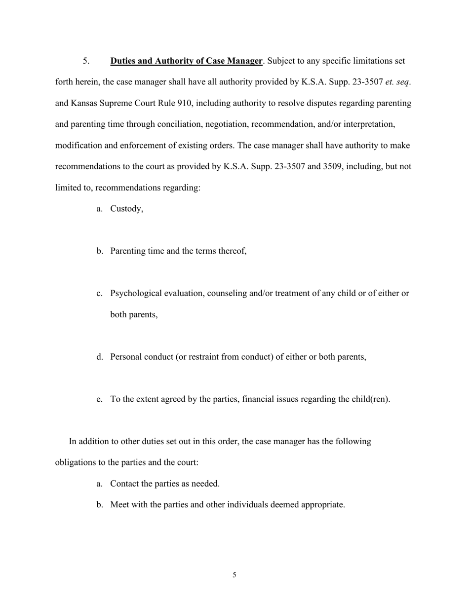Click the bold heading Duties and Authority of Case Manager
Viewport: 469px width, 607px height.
click(x=186, y=61)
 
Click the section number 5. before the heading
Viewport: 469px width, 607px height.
click(x=86, y=61)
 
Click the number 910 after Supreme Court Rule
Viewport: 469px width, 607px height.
click(x=184, y=104)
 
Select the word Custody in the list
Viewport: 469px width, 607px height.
click(x=126, y=209)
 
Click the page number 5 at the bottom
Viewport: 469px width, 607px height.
click(x=234, y=575)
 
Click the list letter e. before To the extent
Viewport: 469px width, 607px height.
click(x=99, y=399)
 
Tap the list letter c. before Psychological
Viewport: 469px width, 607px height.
click(x=99, y=293)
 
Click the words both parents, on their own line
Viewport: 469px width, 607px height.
click(x=134, y=314)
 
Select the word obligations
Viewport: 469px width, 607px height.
click(x=76, y=462)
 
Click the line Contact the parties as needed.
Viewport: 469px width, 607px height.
click(x=164, y=484)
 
